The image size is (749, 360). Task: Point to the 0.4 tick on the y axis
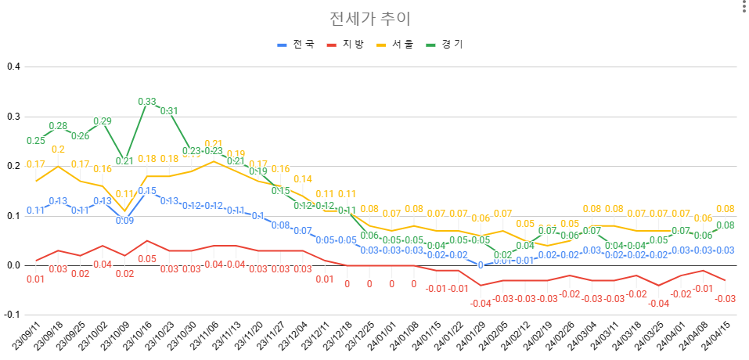click(13, 67)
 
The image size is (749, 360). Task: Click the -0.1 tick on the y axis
click(12, 315)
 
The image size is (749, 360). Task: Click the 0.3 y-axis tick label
click(13, 117)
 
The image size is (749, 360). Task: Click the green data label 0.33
click(147, 102)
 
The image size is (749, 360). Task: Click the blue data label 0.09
click(124, 221)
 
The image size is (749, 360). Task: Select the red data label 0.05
click(147, 259)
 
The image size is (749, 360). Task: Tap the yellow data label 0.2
click(58, 149)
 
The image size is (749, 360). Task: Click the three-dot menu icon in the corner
click(740, 8)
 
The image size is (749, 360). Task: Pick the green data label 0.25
click(35, 141)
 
